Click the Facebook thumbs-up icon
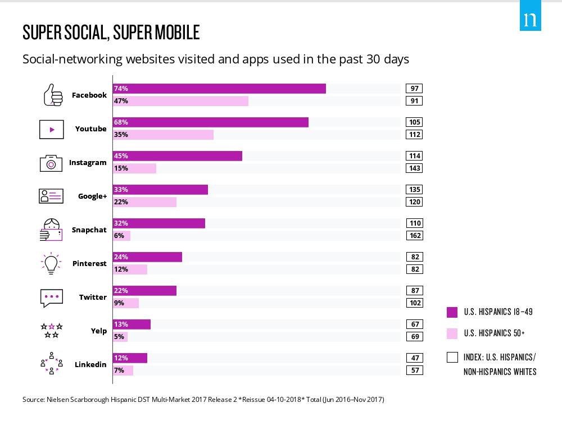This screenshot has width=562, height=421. coord(53,95)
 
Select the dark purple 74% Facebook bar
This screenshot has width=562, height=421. coord(219,89)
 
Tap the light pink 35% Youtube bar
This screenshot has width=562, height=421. coord(163,135)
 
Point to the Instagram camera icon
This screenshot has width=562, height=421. coord(51,163)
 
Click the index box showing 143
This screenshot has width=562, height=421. coord(414,168)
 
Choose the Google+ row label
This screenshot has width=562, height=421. coord(92,196)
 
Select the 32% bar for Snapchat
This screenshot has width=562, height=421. coord(159,223)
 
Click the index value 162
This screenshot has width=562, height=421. coord(414,236)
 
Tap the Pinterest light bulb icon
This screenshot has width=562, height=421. coord(51,263)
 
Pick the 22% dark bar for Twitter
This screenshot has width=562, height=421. coord(144,291)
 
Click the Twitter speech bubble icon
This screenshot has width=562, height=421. coord(51,298)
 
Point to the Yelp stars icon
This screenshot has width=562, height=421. coord(51,331)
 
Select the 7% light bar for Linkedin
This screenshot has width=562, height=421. coord(123,370)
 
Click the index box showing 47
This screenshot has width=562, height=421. coord(414,358)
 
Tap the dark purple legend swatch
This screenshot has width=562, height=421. coord(452,312)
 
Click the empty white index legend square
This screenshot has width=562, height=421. coord(452,357)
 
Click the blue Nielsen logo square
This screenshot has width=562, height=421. coord(530,20)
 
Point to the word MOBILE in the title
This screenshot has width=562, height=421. coord(172,33)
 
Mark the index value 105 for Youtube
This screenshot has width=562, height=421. coord(414,122)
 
